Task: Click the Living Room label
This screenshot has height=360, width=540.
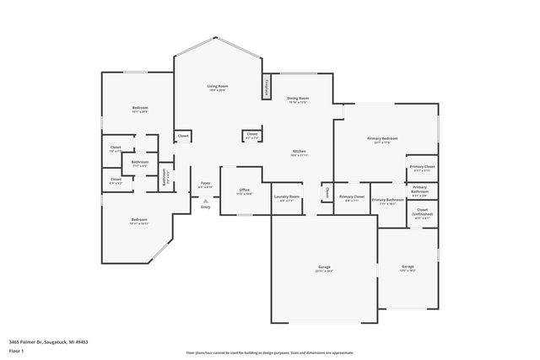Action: click(x=219, y=86)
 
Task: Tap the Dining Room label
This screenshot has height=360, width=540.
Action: click(x=297, y=99)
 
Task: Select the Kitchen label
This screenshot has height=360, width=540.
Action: click(x=299, y=151)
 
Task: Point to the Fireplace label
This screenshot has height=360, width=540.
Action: click(x=267, y=86)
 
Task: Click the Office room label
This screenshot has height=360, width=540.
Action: click(x=244, y=191)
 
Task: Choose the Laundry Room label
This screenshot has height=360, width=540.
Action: click(x=287, y=197)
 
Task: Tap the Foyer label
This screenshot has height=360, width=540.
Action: click(x=205, y=182)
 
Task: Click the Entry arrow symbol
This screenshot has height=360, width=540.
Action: click(x=205, y=201)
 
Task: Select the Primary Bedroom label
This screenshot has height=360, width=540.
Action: click(x=381, y=138)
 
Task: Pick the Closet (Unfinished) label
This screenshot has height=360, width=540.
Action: click(x=422, y=212)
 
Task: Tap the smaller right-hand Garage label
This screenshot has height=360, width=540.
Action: click(x=408, y=266)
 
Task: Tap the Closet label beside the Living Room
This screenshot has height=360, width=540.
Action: click(x=182, y=136)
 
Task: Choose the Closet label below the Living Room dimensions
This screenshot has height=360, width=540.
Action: click(x=251, y=133)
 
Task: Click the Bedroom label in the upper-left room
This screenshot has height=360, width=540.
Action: click(x=139, y=108)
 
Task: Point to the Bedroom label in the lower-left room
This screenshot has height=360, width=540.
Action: click(x=138, y=220)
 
